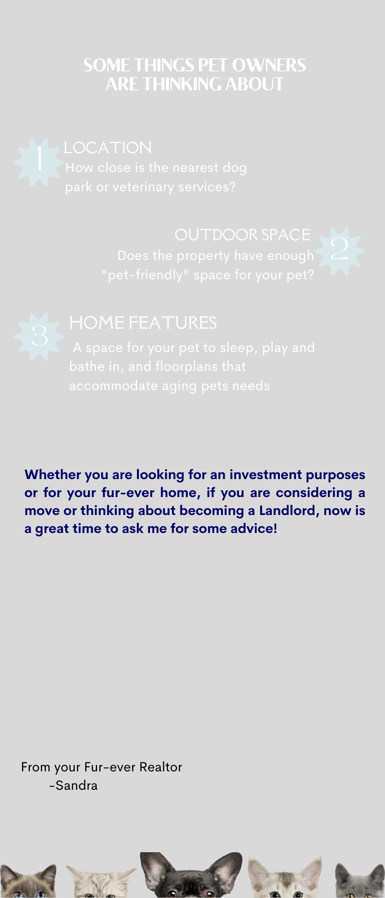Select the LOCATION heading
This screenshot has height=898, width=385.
[108, 148]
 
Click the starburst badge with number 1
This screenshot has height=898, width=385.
[39, 162]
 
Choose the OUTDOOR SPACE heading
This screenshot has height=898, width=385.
[243, 235]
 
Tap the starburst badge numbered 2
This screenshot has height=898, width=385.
[339, 251]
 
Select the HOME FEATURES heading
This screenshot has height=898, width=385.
[143, 323]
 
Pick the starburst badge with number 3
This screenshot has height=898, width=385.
[39, 336]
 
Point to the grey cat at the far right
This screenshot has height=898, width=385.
[359, 881]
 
